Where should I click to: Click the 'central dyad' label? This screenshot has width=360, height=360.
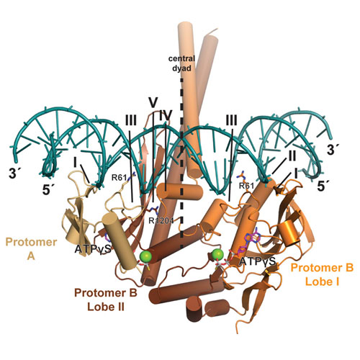pyautogui.click(x=181, y=63)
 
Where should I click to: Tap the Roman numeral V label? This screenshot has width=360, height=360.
pyautogui.click(x=153, y=103)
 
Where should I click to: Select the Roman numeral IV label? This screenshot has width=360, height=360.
pyautogui.click(x=166, y=116)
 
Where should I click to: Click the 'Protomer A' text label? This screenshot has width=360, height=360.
pyautogui.click(x=31, y=249)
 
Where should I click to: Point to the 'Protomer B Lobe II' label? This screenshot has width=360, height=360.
pyautogui.click(x=106, y=300)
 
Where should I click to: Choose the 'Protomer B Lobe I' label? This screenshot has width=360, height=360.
pyautogui.click(x=322, y=274)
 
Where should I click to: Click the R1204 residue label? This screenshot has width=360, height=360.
pyautogui.click(x=161, y=220)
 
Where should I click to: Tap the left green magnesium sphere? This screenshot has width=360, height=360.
pyautogui.click(x=145, y=256)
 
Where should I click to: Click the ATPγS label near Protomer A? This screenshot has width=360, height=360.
pyautogui.click(x=93, y=249)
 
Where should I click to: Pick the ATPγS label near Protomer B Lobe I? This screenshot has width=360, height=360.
pyautogui.click(x=258, y=261)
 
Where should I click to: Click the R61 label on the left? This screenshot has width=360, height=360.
pyautogui.click(x=119, y=178)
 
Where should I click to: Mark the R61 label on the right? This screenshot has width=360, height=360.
pyautogui.click(x=246, y=186)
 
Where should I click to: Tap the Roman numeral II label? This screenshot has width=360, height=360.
pyautogui.click(x=292, y=156)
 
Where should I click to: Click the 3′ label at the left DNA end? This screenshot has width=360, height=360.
pyautogui.click(x=15, y=174)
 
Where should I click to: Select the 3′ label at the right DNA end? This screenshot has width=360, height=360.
pyautogui.click(x=334, y=150)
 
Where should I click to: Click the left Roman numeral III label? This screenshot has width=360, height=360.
pyautogui.click(x=131, y=120)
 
